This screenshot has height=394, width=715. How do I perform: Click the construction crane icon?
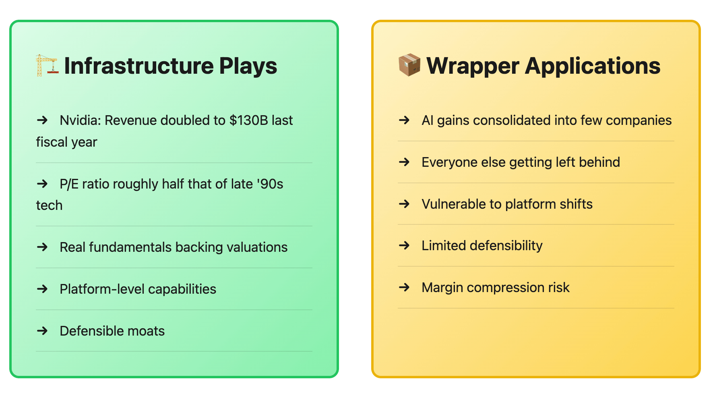[x=47, y=65]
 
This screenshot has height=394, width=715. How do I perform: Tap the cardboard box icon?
[x=409, y=65]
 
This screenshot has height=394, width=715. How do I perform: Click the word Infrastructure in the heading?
[x=139, y=66]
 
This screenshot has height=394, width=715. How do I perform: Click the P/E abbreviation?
[x=69, y=184]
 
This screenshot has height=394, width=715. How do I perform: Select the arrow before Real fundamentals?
[x=42, y=247]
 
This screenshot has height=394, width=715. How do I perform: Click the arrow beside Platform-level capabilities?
[x=42, y=289]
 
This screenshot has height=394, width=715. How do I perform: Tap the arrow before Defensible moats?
[x=42, y=331]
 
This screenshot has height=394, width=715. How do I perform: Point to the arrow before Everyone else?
[x=404, y=162]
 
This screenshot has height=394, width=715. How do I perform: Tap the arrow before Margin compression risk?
[x=404, y=287]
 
